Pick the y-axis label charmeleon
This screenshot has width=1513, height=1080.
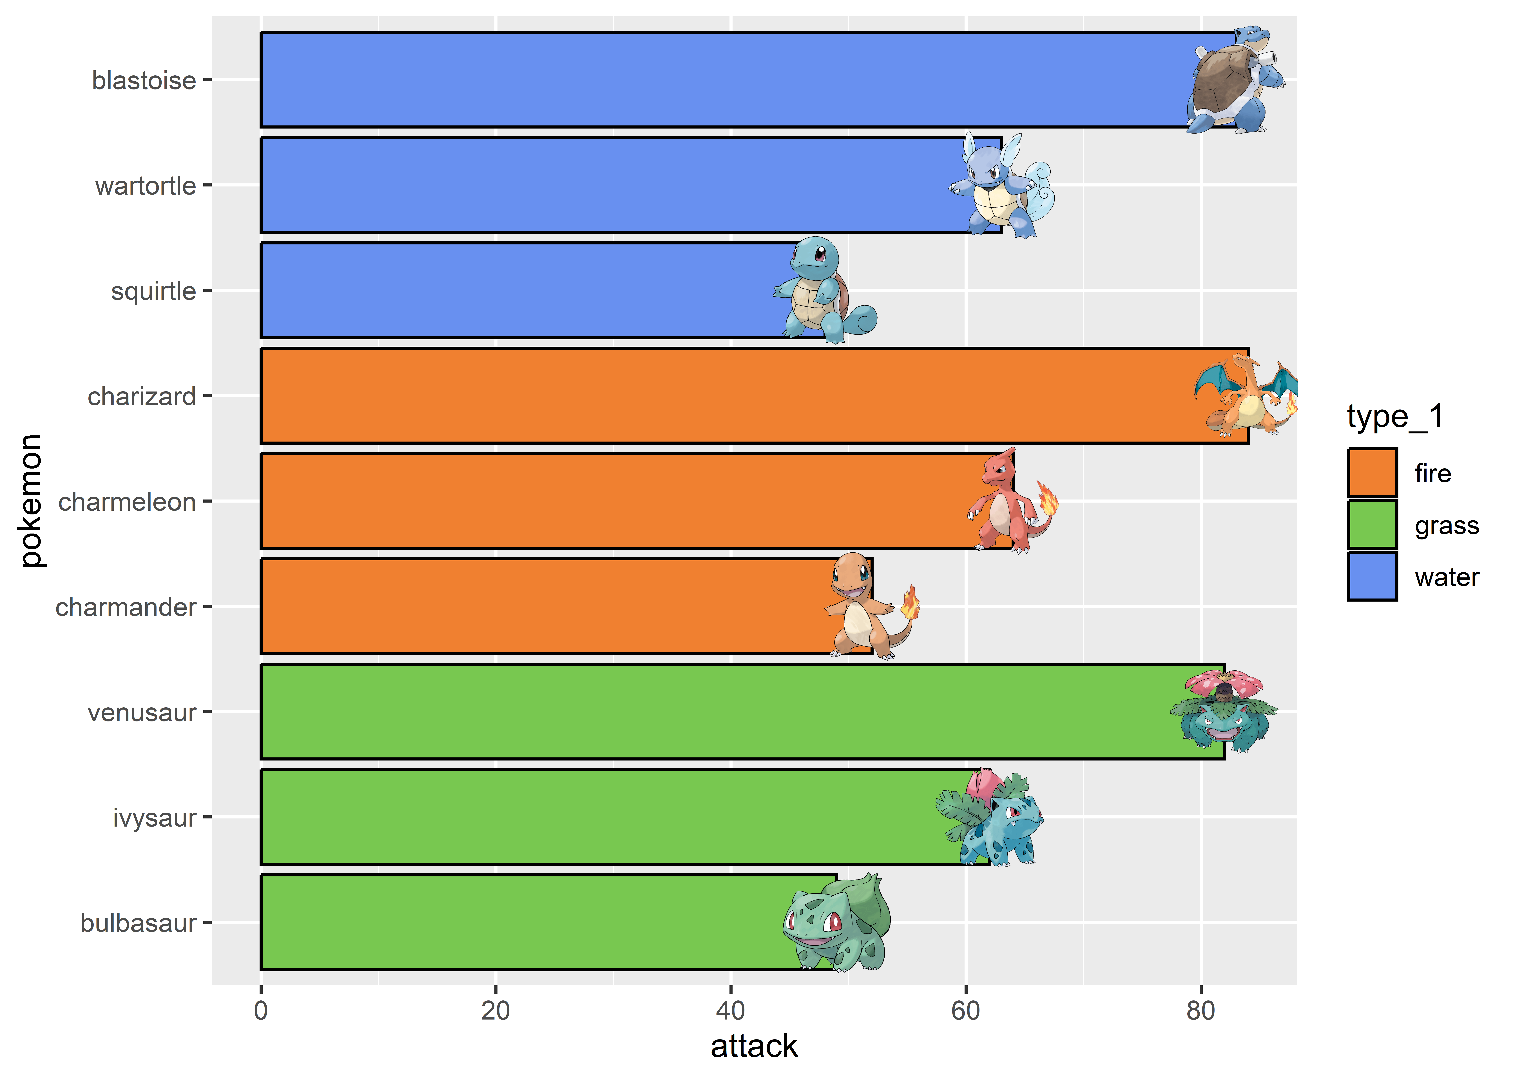(127, 501)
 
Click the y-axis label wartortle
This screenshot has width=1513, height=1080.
(146, 186)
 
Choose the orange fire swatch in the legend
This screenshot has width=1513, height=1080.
(1372, 473)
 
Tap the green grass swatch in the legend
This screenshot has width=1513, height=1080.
(1372, 525)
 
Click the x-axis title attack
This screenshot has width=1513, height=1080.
(754, 1046)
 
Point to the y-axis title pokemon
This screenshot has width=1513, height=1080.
(31, 501)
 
